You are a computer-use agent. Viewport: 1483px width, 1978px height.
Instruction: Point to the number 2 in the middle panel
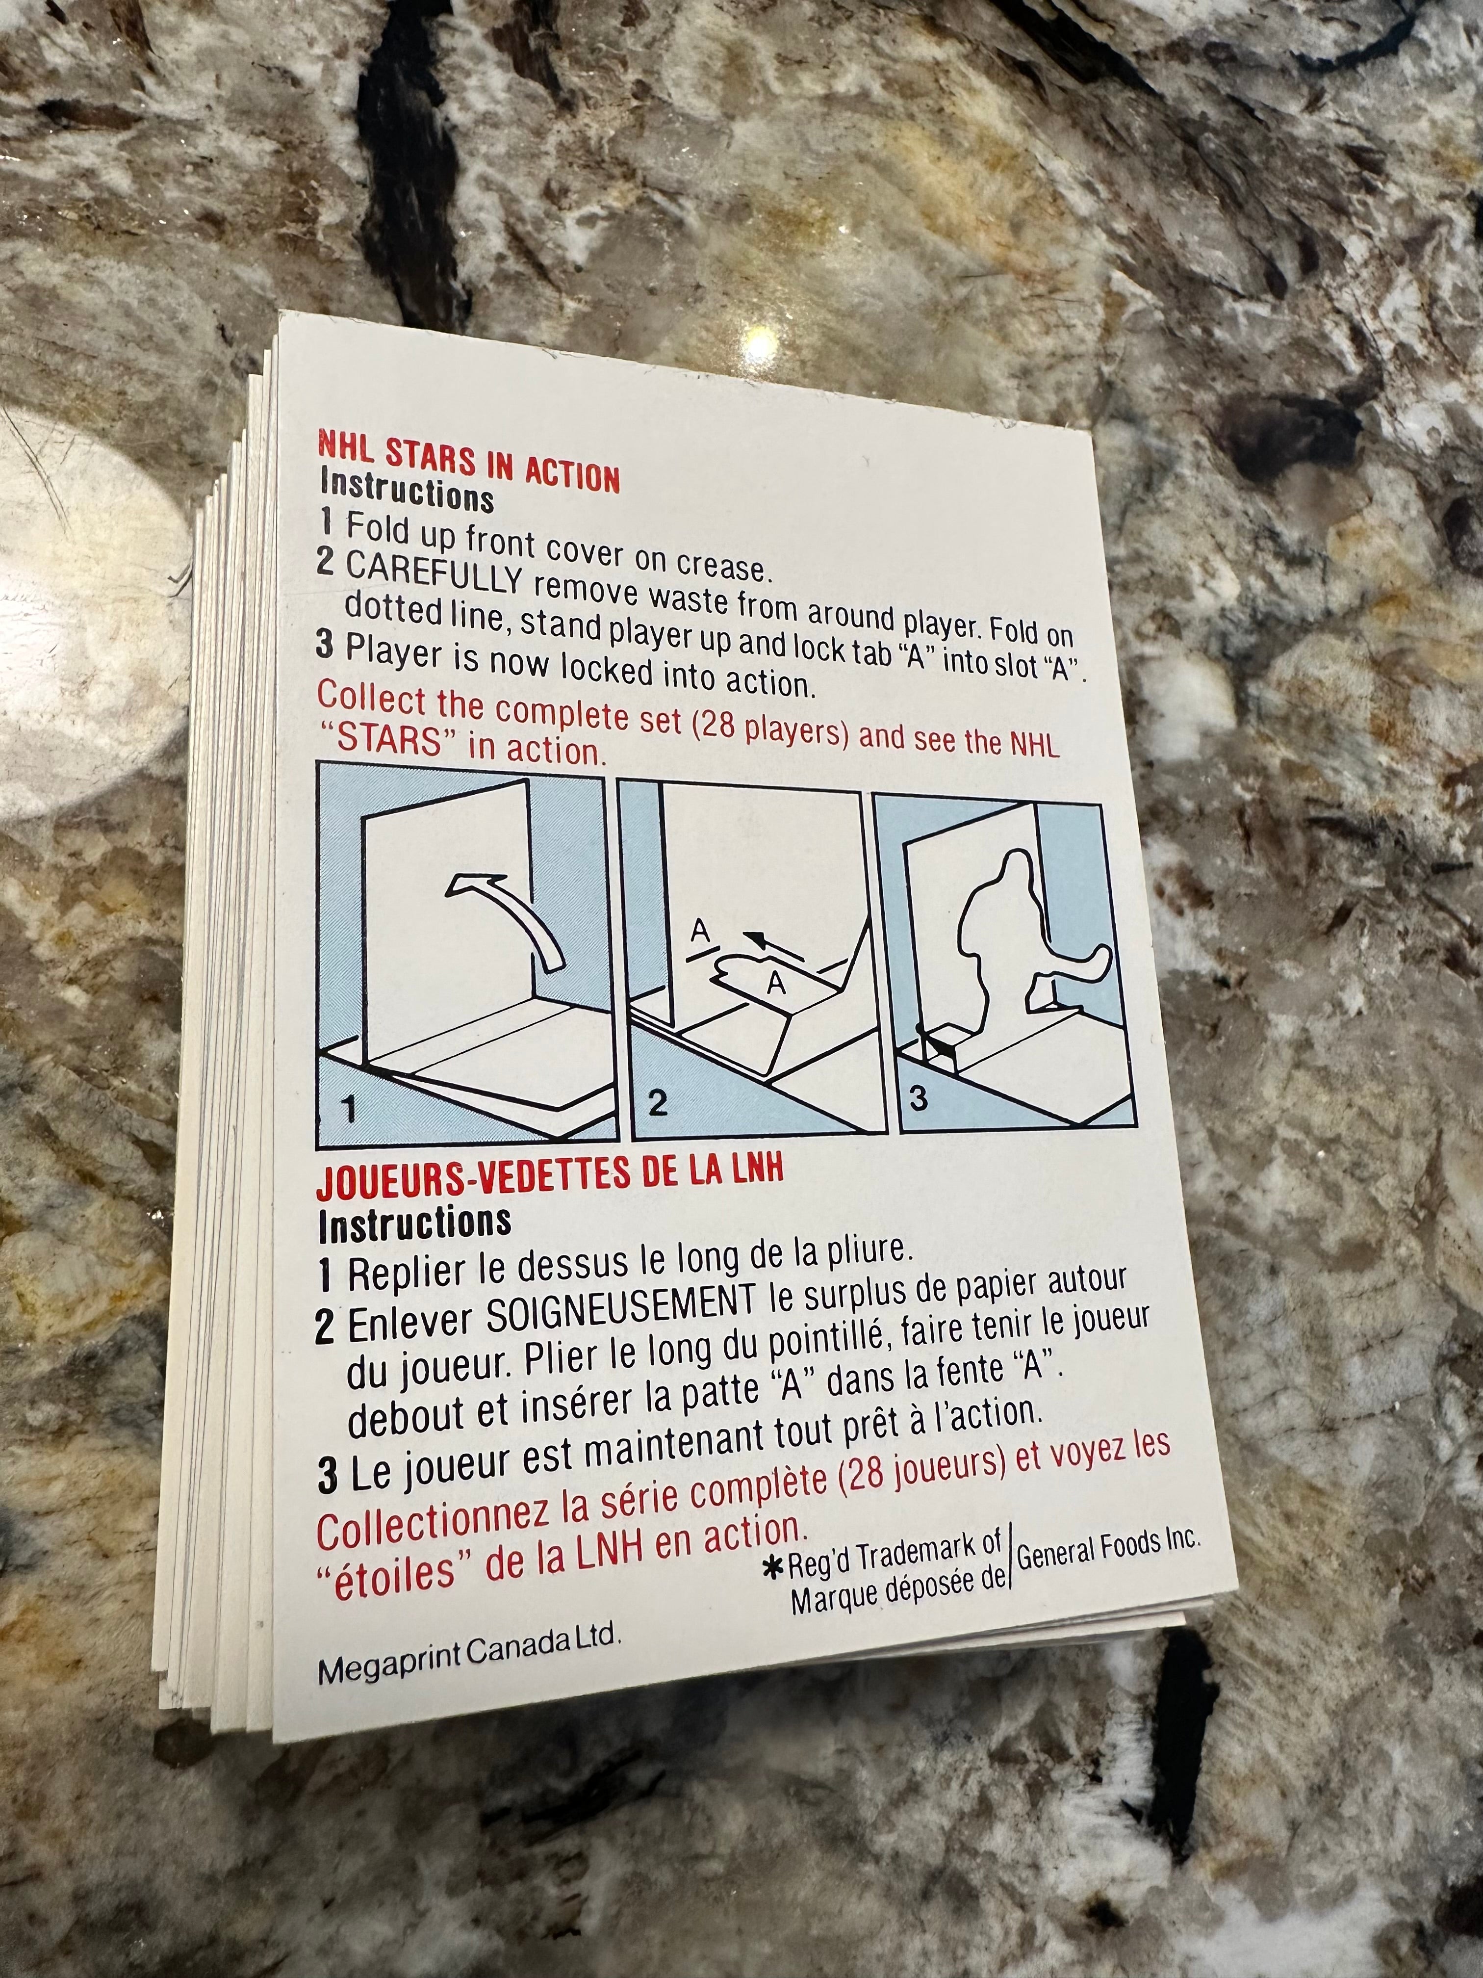click(x=658, y=1102)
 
